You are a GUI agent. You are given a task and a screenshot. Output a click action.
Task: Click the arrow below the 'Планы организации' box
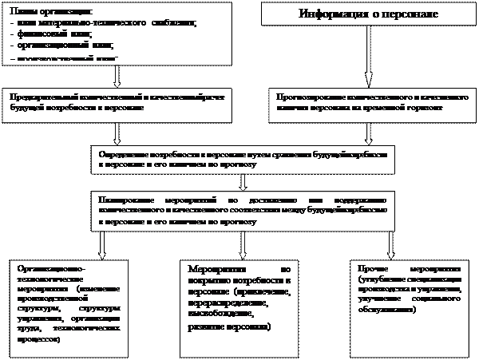pos(118,75)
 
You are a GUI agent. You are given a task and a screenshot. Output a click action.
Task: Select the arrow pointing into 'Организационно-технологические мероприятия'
pos(101,243)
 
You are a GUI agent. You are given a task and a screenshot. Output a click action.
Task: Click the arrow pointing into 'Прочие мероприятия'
pos(390,243)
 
